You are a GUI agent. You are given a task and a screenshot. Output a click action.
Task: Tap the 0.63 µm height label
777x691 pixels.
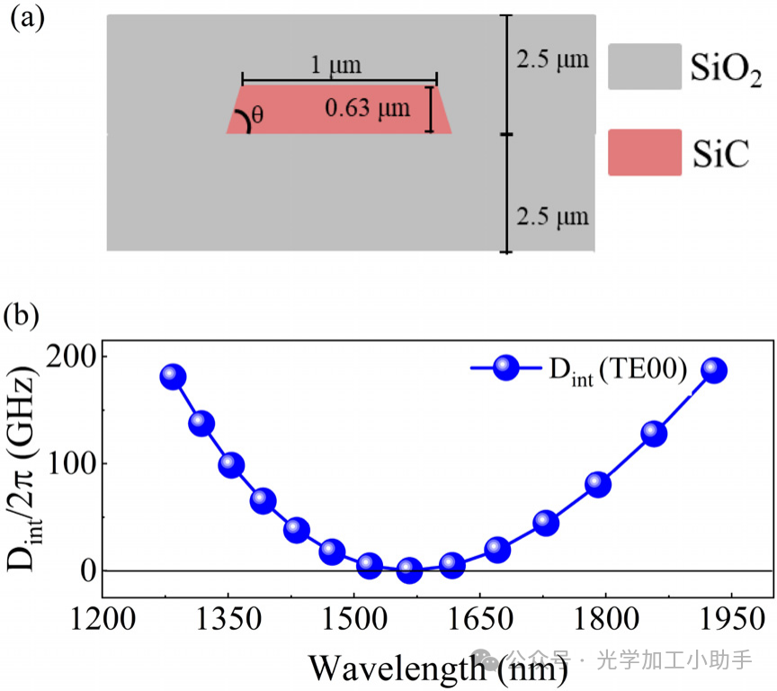coord(367,109)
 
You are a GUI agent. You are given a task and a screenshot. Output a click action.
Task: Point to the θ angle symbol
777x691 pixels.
coord(258,115)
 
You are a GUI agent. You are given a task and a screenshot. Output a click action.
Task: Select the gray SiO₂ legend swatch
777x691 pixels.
coord(644,67)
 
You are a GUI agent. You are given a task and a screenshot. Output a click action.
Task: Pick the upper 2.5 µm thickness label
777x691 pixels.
coord(552,60)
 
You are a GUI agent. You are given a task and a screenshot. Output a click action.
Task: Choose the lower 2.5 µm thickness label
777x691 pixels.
coord(552,216)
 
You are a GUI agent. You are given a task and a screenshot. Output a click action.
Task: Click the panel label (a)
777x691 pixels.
coord(27,20)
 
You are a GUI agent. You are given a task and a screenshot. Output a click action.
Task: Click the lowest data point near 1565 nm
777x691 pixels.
coord(410,570)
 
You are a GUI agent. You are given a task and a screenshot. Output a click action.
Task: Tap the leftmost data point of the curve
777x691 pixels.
coord(173,377)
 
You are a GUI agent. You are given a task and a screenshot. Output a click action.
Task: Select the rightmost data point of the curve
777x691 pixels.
coord(714,371)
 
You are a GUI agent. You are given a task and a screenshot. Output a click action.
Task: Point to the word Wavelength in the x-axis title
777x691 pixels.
coord(396,668)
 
